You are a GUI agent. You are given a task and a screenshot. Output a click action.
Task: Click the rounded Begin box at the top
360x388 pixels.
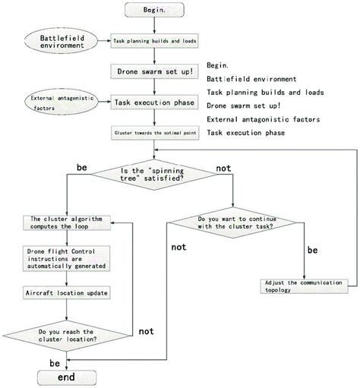(156, 10)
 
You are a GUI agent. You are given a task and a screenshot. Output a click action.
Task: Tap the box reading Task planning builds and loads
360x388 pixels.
(156, 42)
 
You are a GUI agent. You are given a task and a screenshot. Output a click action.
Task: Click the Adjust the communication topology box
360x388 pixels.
(304, 285)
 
